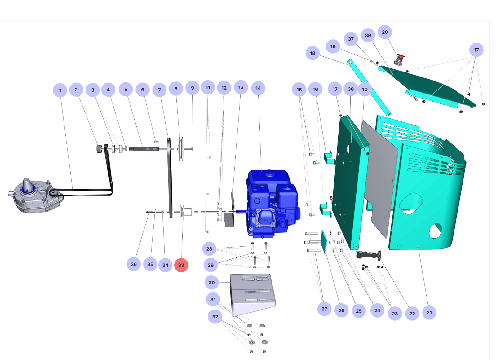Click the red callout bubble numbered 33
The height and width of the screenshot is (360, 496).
pos(181,265)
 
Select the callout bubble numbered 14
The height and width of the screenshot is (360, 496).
pos(258,88)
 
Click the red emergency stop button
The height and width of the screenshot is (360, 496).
pos(401,57)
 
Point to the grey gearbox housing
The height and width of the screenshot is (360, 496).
pos(34,197)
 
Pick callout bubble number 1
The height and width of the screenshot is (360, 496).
pos(60,90)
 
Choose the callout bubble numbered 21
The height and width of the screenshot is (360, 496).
pos(429,312)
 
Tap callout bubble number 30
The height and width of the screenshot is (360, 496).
pos(212,283)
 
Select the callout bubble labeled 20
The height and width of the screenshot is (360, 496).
pos(385,32)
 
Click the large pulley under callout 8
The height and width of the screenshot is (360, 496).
pos(181,149)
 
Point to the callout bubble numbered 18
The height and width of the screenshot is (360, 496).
pos(312,53)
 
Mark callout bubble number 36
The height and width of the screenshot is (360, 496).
pos(134,264)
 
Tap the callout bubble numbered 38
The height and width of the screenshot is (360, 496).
pos(351,89)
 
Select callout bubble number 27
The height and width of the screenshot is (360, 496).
pos(324,309)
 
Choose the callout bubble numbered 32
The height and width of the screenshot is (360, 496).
pos(215,317)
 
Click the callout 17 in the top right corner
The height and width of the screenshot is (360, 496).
pos(476,50)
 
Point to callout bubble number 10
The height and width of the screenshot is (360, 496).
pos(365,89)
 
